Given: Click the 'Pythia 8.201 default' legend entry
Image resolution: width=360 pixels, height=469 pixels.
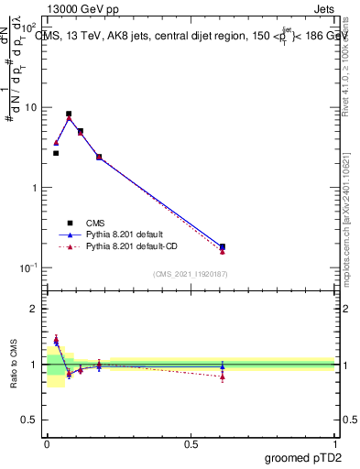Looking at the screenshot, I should tap(127, 234).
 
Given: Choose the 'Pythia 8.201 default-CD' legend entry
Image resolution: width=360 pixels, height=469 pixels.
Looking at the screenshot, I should tap(135, 246).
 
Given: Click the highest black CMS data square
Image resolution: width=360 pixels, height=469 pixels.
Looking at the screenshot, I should tap(69, 114).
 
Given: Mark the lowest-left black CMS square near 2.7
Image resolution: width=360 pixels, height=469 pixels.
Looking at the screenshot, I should tap(56, 153).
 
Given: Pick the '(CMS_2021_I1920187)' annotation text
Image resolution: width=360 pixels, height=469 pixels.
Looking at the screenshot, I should tap(191, 274).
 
